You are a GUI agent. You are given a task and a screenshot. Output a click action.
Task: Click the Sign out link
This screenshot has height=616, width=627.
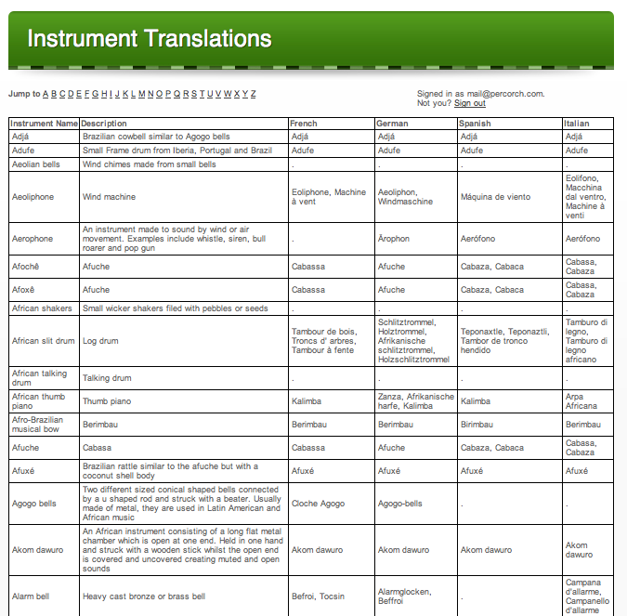[469, 103]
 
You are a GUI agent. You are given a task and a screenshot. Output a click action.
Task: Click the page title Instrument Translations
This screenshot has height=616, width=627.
[150, 39]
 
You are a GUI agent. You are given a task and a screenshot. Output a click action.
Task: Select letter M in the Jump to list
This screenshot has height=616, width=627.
[141, 94]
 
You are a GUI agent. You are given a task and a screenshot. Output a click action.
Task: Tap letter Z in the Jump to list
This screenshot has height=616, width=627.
[253, 94]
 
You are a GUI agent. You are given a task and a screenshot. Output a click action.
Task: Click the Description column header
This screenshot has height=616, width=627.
[104, 123]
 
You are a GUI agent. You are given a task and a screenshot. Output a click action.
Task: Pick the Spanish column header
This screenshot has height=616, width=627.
[475, 123]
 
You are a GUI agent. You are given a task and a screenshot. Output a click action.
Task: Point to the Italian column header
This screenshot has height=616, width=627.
[577, 123]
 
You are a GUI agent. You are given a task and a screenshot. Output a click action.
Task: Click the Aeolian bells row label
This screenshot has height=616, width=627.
[35, 164]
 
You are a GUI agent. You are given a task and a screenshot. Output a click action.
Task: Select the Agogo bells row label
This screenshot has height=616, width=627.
[33, 504]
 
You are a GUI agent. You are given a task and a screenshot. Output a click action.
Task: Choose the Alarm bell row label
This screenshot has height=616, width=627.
[31, 596]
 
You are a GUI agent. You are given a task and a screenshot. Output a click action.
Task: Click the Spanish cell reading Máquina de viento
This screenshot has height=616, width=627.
[495, 197]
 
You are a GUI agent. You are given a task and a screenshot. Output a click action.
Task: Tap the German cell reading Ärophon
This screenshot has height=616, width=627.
[394, 239]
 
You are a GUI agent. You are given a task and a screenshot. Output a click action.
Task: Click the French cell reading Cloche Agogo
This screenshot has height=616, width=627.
[318, 504]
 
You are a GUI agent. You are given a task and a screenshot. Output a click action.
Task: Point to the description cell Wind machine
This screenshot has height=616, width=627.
[109, 197]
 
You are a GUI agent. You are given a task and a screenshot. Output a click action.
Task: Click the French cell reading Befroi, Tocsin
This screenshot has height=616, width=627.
[318, 596]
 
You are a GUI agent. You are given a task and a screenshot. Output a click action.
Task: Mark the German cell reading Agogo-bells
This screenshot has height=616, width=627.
[399, 504]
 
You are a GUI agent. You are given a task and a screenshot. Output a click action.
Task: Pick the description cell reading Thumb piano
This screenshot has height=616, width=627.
[107, 401]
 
